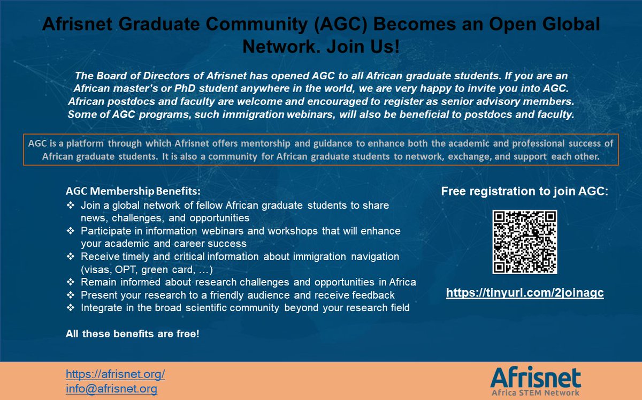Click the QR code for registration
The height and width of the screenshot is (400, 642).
pos(524,242)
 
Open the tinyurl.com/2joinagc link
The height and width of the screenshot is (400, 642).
pos(525,294)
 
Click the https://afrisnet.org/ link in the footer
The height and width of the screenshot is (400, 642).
pos(115,374)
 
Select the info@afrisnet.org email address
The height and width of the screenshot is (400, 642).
pos(111,389)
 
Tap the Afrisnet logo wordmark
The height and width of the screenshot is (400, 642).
pos(535,376)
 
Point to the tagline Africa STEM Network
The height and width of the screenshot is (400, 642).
pos(535,393)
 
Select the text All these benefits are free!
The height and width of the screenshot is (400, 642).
pos(132,334)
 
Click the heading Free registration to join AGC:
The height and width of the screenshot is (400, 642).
pos(524,192)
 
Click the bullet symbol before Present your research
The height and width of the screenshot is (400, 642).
pos(71,295)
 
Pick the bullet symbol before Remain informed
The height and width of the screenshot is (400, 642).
pos(71,282)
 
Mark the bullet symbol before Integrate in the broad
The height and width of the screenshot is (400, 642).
pos(71,308)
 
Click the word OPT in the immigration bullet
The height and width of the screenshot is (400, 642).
pos(116,269)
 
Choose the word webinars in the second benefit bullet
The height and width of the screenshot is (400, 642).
pos(220,231)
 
